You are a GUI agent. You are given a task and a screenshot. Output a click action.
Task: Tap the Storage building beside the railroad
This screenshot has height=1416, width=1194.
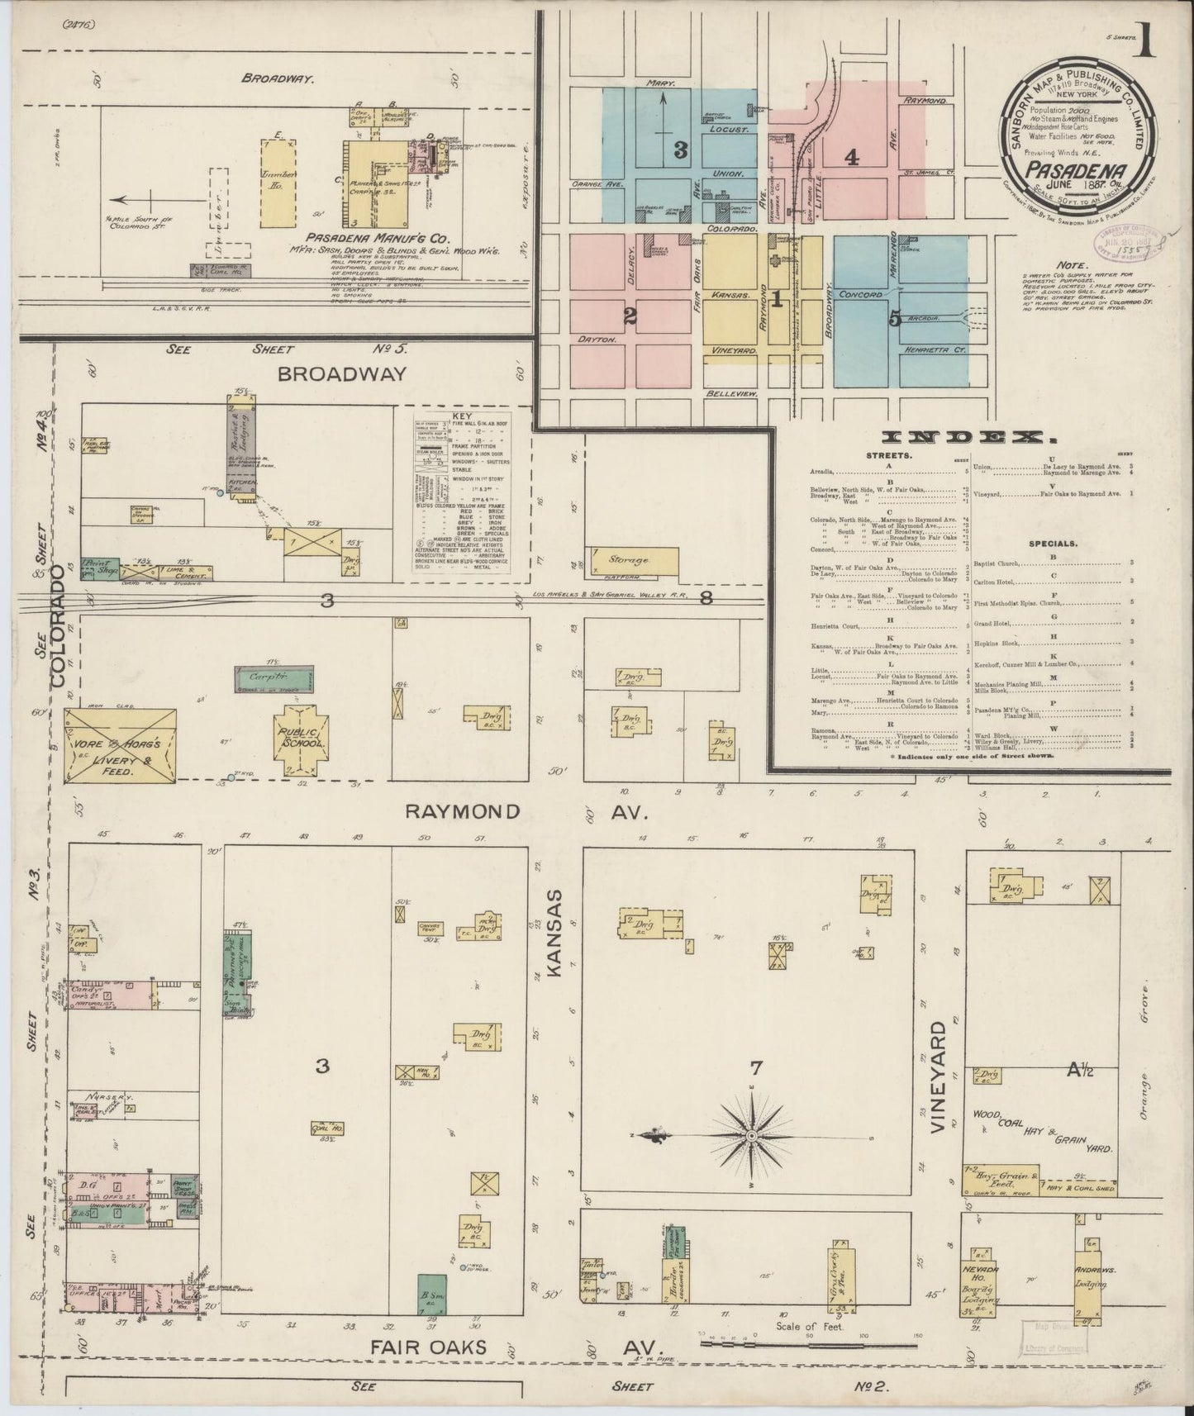point(632,561)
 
